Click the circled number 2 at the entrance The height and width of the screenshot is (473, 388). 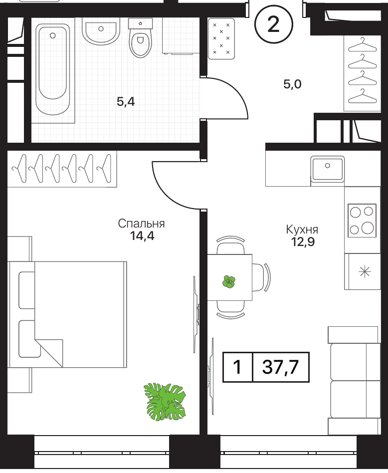point(273,24)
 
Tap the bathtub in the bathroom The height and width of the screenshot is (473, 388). point(53,69)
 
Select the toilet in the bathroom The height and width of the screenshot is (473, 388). point(141,38)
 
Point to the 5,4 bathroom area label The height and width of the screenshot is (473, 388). point(126,102)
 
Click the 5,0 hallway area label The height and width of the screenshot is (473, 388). point(292,84)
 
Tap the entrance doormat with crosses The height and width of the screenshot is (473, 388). point(221,38)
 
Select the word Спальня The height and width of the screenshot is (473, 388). point(141,224)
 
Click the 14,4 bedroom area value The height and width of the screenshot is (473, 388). point(142,236)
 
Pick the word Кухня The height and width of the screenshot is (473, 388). point(302,230)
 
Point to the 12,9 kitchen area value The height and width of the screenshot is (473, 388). point(303,242)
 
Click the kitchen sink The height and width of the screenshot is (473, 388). point(327,169)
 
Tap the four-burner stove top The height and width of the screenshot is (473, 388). point(362,221)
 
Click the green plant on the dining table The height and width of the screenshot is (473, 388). point(229,282)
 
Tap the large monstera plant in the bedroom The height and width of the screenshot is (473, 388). point(165,402)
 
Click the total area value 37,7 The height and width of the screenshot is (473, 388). point(280,367)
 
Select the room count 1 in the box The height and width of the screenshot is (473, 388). point(237,367)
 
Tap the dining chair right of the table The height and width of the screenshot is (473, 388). point(260,277)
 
